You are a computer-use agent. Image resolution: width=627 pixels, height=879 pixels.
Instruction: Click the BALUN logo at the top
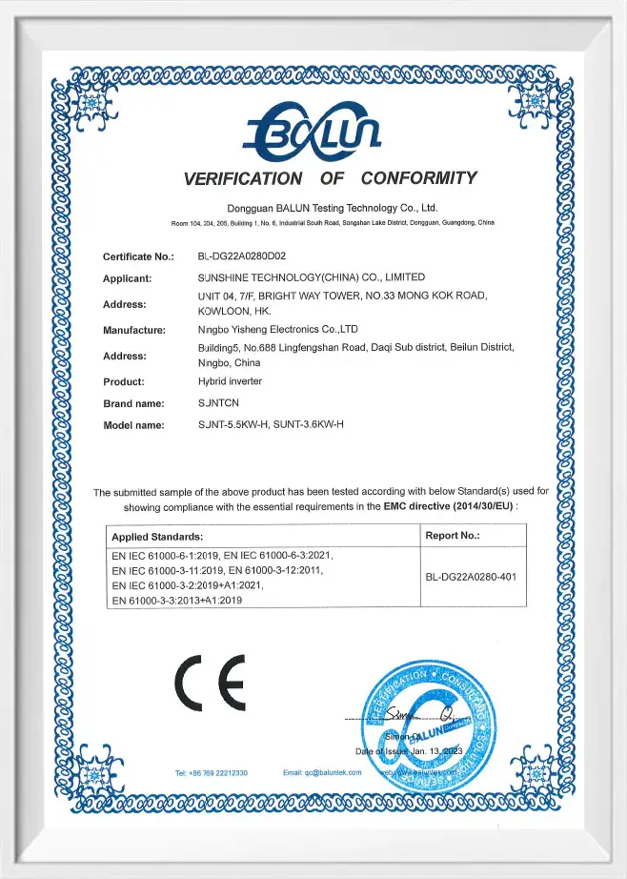point(313,133)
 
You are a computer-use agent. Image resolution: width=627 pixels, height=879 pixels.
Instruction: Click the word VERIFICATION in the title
point(243,178)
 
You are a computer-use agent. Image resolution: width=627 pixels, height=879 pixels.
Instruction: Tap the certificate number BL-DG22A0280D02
point(242,256)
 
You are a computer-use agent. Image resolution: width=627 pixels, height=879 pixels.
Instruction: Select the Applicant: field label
point(128,278)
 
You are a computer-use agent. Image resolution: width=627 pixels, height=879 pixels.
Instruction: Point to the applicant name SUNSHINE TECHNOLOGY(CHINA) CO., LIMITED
point(311,277)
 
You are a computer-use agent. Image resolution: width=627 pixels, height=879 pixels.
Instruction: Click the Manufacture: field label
point(134,330)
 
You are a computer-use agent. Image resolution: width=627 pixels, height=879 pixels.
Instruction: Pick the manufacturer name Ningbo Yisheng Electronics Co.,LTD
point(277,330)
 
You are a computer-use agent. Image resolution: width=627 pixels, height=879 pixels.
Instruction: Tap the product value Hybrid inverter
point(231,381)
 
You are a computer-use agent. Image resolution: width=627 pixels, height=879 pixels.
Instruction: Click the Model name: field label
point(134,424)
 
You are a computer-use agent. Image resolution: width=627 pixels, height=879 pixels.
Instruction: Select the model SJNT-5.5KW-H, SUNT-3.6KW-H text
point(271,424)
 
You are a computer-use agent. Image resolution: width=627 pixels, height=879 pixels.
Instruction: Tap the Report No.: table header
point(453,536)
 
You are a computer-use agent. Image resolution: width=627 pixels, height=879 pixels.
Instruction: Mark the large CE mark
point(210,683)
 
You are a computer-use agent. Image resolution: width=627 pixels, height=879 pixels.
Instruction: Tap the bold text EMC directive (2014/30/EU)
point(448,507)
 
